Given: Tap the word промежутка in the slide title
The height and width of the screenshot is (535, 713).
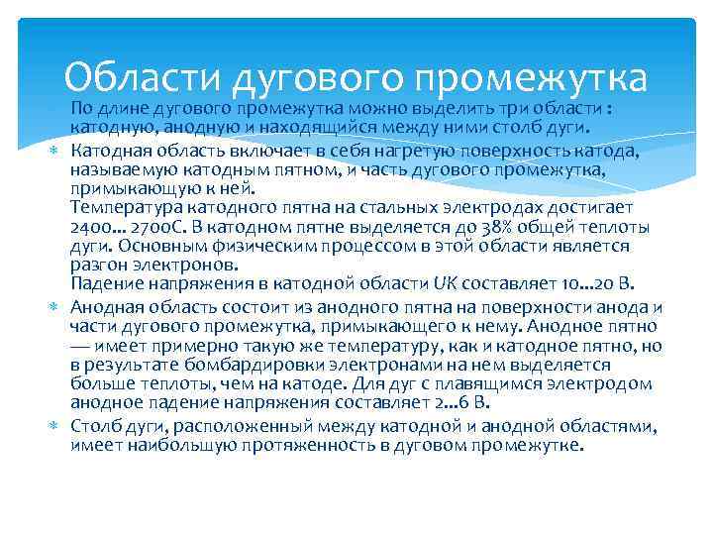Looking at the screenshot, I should click(532, 77).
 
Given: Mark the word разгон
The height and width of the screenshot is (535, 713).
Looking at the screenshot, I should click(96, 265).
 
